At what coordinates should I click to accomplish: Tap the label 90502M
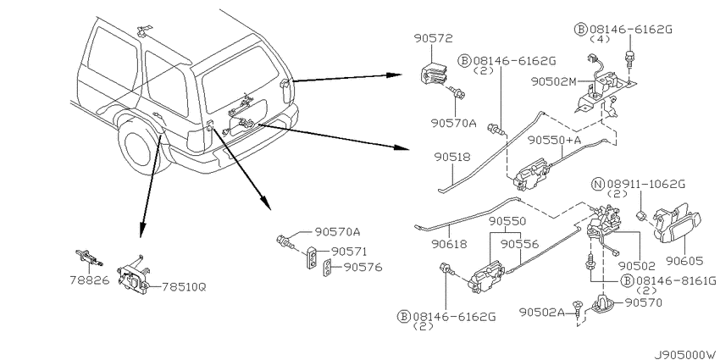(x=553, y=81)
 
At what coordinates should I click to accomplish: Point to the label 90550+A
(x=554, y=140)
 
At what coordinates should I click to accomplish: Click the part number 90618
(x=450, y=244)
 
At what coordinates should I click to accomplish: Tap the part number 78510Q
(x=184, y=287)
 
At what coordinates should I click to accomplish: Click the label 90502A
(x=542, y=313)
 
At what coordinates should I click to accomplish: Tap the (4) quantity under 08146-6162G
(x=601, y=40)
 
